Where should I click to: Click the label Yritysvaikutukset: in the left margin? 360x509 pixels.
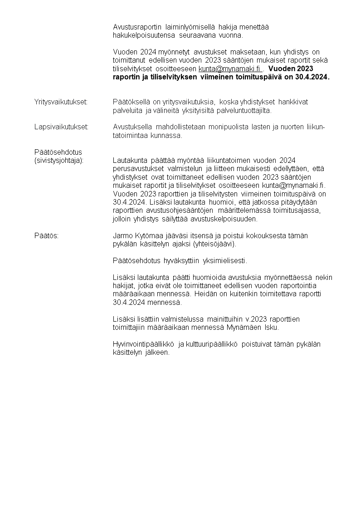61,102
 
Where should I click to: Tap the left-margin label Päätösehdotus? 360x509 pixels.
58,152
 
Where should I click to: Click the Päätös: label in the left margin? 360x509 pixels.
47,236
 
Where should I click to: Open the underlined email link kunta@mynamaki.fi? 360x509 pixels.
230,69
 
